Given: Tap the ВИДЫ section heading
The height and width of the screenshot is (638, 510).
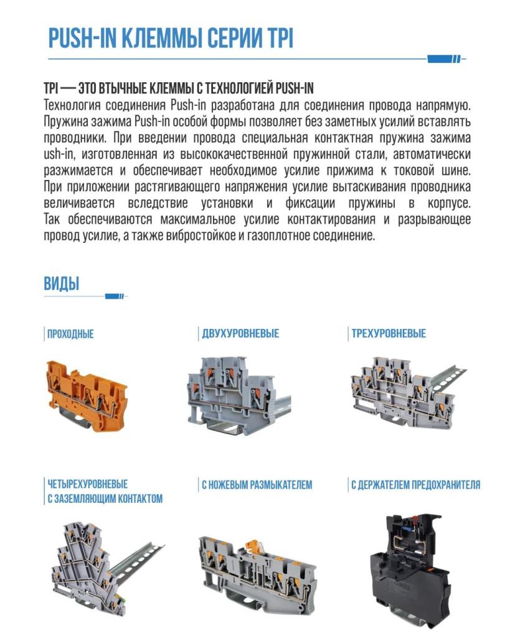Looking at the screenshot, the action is point(62,283).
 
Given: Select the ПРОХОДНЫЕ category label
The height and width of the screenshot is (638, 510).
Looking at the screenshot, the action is point(70,334).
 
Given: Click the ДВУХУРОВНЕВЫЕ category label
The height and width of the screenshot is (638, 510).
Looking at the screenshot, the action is point(240,334).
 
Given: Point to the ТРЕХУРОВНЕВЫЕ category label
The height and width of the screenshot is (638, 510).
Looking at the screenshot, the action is point(389,334).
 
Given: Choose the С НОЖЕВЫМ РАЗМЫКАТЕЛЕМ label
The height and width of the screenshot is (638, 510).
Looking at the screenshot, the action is point(257,485).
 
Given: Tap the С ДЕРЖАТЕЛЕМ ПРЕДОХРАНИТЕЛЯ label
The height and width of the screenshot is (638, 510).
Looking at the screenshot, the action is point(415,485).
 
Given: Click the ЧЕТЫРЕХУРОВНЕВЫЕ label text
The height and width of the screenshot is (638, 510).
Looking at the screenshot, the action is point(87,484).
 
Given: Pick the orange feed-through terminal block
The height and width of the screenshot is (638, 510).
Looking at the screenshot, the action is point(87,394).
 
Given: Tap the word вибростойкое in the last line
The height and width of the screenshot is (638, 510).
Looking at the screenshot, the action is point(200,235).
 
